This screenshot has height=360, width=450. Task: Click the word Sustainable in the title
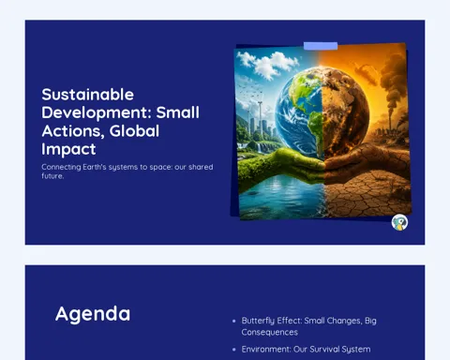(88, 95)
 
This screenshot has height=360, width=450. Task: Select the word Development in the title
(97, 113)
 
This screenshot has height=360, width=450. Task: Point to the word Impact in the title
(68, 149)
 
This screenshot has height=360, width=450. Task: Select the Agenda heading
(93, 314)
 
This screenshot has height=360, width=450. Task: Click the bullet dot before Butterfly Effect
(234, 321)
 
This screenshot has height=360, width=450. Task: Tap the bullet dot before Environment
(234, 350)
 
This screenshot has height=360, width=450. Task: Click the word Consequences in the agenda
(269, 332)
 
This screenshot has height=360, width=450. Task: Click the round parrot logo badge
(399, 222)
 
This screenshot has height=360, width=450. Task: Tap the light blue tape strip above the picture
(321, 46)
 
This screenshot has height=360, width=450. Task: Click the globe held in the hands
(322, 113)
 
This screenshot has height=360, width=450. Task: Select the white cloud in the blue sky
(267, 65)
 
